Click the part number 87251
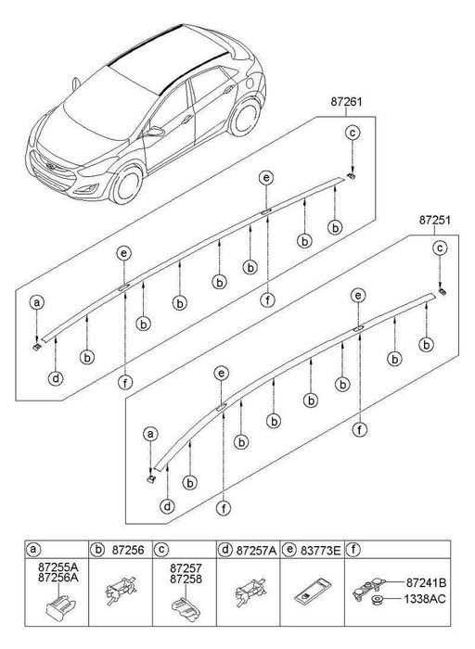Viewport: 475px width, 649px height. (x=436, y=221)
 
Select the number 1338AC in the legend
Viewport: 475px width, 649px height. (x=426, y=601)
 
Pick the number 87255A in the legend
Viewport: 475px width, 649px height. (x=58, y=566)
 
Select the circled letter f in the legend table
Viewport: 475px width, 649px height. (x=353, y=550)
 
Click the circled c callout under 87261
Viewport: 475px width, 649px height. (x=353, y=134)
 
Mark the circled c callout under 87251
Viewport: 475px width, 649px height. (x=441, y=248)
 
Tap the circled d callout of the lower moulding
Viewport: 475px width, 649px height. (x=167, y=506)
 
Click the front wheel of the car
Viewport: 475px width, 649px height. (x=124, y=184)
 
